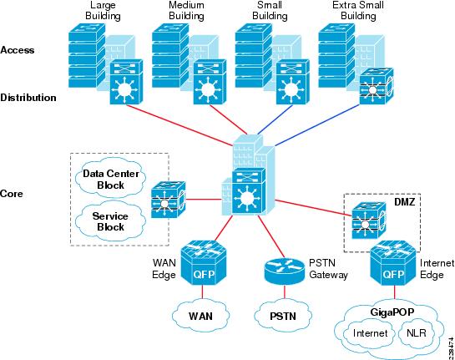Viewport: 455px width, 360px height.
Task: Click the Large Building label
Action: click(103, 11)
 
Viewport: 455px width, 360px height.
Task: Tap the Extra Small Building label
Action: click(358, 11)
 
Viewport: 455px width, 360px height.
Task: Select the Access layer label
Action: click(18, 50)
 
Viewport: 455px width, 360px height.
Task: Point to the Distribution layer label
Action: click(28, 98)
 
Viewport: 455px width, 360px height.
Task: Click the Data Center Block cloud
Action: click(111, 179)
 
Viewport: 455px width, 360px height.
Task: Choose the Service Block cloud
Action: click(110, 221)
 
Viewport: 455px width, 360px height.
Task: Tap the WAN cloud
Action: click(200, 316)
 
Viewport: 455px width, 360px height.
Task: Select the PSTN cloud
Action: click(283, 316)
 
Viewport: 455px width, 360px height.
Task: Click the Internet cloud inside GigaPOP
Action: click(370, 333)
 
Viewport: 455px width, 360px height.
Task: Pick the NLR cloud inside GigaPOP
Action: click(417, 333)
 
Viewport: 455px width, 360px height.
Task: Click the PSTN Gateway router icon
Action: click(285, 271)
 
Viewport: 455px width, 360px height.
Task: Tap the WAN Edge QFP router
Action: click(204, 263)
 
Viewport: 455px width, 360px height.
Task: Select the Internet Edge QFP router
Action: click(393, 263)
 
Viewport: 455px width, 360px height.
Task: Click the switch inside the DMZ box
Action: click(369, 221)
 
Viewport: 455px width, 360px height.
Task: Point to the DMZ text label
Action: click(405, 202)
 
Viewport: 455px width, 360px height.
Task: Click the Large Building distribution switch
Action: click(127, 82)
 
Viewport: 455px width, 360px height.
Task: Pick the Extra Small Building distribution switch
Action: click(377, 86)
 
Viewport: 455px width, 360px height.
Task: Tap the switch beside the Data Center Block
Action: click(169, 200)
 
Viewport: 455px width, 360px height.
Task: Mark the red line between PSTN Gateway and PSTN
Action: click(285, 292)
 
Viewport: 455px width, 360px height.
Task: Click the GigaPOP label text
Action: click(392, 312)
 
